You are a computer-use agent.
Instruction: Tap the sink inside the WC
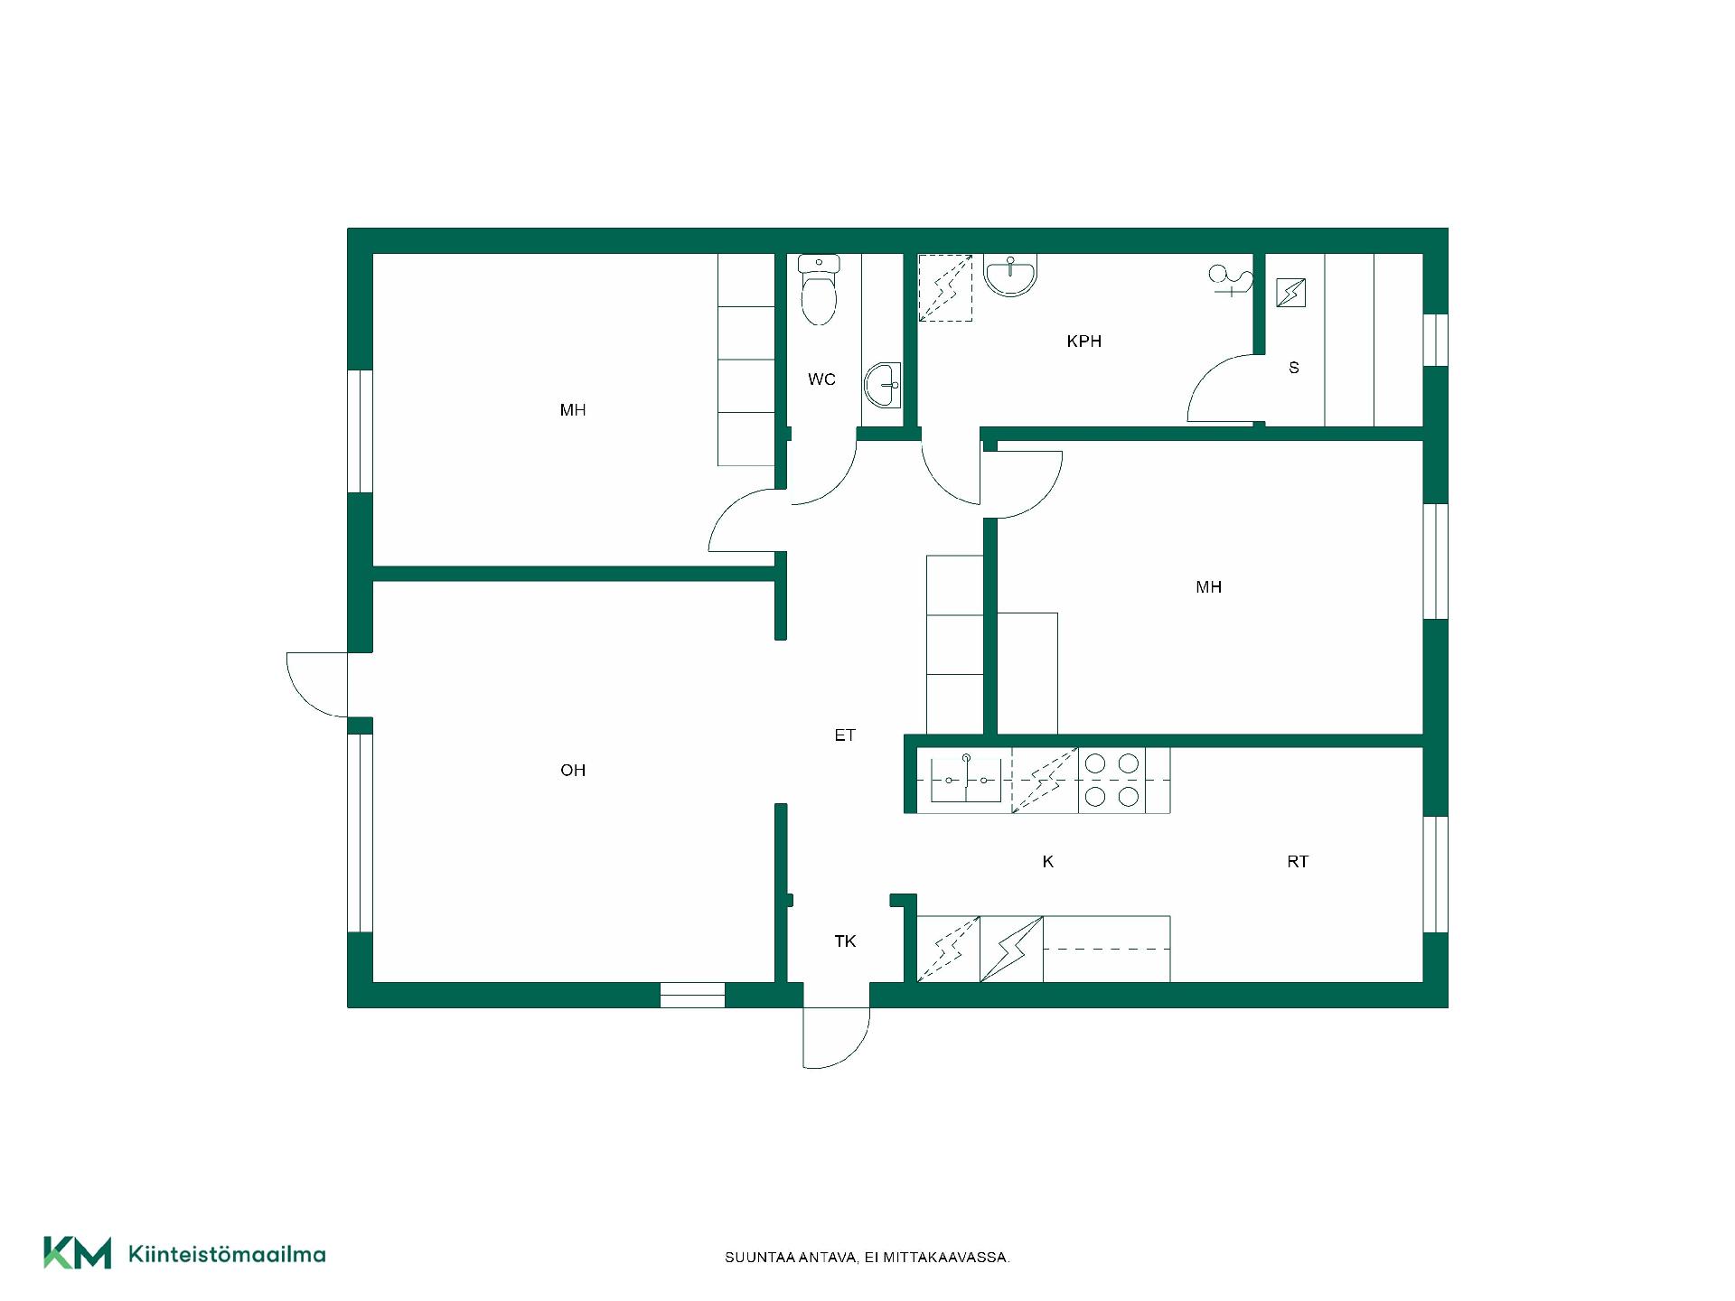point(883,386)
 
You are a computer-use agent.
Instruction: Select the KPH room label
point(1083,342)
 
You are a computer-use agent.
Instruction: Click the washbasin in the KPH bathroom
point(1010,275)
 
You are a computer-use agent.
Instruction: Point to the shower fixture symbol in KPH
point(1231,280)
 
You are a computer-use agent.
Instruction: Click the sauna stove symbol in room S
point(1290,293)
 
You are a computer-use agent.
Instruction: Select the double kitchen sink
point(966,781)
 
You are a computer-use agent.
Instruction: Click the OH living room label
point(573,771)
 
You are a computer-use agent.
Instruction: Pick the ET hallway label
point(845,735)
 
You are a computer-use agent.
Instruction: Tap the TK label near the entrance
point(845,941)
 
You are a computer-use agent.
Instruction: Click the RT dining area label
point(1298,862)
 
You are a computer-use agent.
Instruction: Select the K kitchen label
point(1048,862)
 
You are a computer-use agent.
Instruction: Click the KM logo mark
point(78,1253)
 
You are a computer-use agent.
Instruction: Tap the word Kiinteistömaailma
point(227,1254)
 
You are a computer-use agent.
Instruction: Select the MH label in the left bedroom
point(573,410)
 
